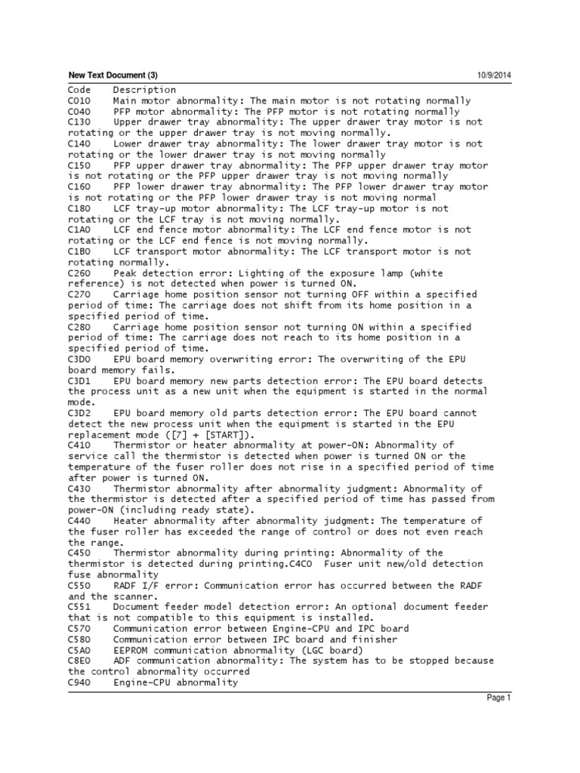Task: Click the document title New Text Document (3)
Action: [113, 75]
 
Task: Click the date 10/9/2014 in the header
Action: [494, 75]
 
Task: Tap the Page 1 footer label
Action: [498, 698]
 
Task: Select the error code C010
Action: [79, 100]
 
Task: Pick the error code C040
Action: [79, 111]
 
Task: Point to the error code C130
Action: [79, 122]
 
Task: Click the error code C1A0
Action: [79, 229]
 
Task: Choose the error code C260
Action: [79, 273]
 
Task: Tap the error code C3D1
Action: [79, 381]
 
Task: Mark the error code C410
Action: [79, 445]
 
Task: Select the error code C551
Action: [79, 607]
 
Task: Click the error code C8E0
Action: [79, 661]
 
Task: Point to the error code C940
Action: [79, 682]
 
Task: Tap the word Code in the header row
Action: [79, 90]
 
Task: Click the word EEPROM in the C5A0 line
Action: [131, 650]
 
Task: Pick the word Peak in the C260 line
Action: [125, 273]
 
